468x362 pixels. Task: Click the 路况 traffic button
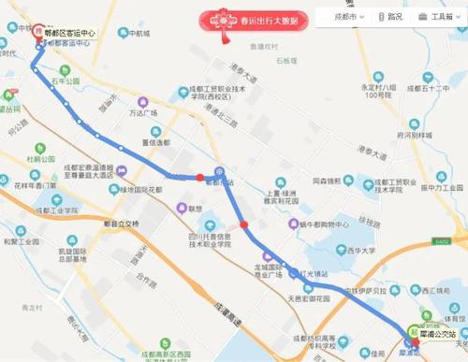pos(391,17)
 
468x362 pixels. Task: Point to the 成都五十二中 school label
pos(436,88)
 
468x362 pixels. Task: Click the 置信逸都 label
pos(155,143)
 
